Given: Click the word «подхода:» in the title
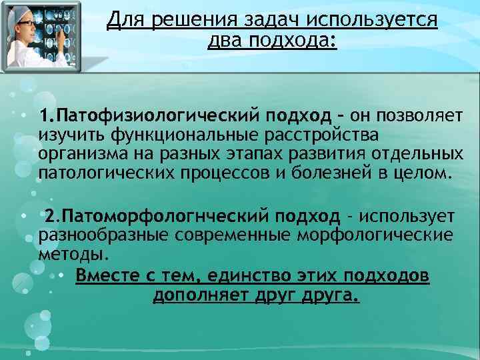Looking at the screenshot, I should [293, 42].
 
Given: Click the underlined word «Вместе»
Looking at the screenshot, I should [107, 276].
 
